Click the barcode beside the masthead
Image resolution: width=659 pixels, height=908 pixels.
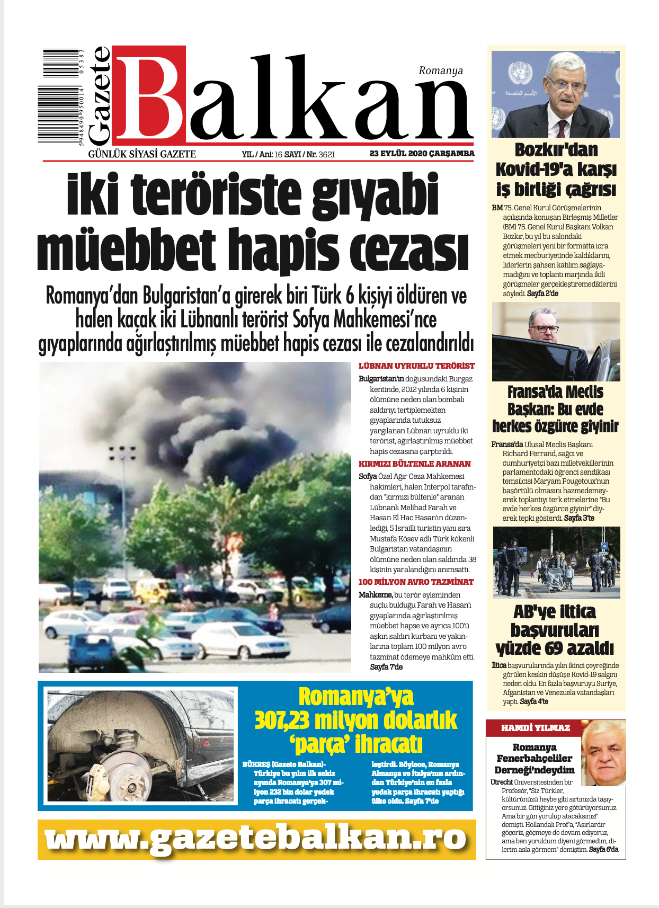point(61,96)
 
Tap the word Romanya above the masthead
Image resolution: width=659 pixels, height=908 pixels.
point(440,70)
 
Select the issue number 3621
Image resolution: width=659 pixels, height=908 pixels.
point(327,155)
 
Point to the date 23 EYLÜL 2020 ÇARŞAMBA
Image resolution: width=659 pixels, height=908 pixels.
point(422,154)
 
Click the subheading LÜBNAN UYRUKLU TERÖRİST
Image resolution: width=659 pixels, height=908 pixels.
point(416,366)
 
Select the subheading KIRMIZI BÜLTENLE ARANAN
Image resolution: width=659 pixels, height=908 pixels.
point(414,464)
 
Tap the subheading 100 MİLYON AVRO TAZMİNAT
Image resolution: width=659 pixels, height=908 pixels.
point(416,582)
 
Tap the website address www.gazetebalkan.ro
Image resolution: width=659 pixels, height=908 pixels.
point(256,839)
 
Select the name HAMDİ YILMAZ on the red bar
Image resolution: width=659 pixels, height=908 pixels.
point(535,728)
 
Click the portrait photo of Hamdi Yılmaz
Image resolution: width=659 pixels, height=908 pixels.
point(603,752)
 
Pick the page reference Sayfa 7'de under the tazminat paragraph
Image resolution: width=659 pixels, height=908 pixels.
point(386,667)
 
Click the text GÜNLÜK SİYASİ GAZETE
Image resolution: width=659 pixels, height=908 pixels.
point(142,154)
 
